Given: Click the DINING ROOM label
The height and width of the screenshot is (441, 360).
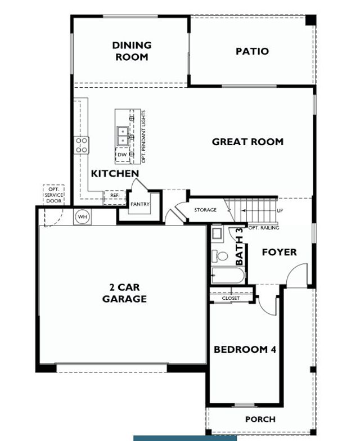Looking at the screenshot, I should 132,51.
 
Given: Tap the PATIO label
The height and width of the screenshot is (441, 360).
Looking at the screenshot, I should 252,51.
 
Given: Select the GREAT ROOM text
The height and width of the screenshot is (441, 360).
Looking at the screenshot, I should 247,142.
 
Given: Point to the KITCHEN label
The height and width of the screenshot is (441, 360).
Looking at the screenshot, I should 115,173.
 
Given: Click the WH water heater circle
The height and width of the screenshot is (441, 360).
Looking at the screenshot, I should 82,217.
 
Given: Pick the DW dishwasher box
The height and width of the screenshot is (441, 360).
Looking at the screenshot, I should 122,155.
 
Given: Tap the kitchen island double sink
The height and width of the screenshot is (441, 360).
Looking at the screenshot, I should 122,134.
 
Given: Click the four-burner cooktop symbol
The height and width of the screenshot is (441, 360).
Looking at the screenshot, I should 82,145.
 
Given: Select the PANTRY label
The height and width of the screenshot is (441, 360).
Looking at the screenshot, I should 140,204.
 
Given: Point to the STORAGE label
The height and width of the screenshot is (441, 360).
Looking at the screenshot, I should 205,210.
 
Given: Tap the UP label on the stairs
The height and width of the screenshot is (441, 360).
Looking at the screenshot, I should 280,210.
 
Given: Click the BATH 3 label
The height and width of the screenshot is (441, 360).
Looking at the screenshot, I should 240,246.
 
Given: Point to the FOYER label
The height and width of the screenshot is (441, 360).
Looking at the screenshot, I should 279,252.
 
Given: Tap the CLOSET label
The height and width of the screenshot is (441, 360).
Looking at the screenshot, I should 231,298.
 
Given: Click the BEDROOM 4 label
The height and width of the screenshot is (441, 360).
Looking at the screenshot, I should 245,349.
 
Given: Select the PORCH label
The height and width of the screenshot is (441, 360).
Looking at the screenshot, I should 260,419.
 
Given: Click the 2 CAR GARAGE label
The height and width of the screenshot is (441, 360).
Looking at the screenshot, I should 124,293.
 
